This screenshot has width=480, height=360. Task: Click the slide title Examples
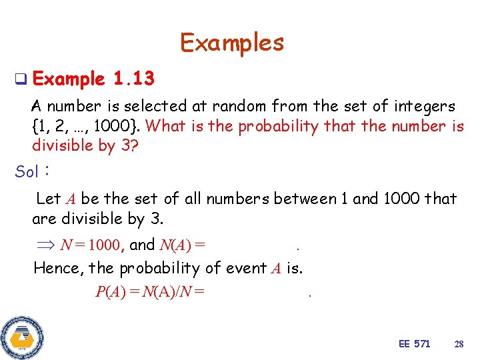[232, 43]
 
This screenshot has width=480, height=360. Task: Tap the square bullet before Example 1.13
[21, 79]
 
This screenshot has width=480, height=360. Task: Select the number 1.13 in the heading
[134, 79]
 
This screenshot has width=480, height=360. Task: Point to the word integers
[423, 105]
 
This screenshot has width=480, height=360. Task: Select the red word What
[162, 126]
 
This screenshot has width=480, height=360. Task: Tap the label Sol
[27, 171]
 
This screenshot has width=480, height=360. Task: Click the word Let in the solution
[48, 198]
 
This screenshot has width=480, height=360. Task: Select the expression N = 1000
[89, 245]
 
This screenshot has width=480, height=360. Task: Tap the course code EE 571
[414, 344]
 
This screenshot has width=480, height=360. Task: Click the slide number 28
[459, 344]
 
